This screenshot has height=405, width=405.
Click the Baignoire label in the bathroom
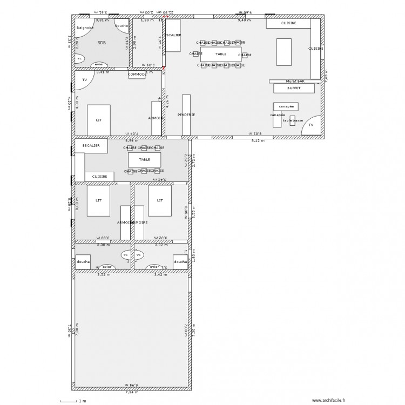coord(85,27)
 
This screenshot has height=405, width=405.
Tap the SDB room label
coord(102,42)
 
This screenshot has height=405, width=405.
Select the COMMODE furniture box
coord(137,75)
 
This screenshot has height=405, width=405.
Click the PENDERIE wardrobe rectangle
coord(186,114)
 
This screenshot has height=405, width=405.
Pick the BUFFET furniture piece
coord(294,88)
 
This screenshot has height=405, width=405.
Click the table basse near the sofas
coord(292,120)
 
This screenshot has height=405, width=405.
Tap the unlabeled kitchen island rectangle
coord(284,52)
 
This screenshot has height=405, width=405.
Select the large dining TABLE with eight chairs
coord(221,54)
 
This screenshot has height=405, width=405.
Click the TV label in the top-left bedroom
coord(84,80)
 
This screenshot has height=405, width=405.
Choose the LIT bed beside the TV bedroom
coord(99,120)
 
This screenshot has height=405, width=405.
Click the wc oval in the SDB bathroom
coord(79,58)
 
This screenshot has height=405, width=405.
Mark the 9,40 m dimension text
coord(245,13)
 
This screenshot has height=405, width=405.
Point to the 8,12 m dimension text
coord(258,141)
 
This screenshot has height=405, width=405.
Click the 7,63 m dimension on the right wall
coord(327,76)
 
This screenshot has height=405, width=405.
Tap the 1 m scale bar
coord(69,401)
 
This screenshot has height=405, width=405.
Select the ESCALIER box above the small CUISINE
coord(91,146)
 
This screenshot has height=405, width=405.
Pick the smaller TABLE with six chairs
coord(144,160)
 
